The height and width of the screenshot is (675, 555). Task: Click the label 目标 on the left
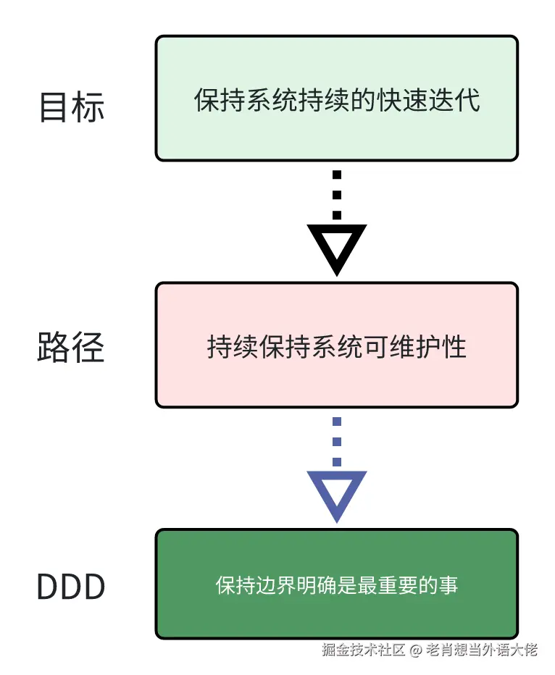pos(71,106)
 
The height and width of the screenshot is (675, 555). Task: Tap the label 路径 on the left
pos(71,347)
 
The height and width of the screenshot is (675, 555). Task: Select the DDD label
pos(71,587)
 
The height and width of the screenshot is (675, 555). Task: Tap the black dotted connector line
pos(337,195)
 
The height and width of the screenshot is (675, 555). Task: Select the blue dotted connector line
pos(337,442)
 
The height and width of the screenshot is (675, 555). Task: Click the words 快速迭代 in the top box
pos(427,100)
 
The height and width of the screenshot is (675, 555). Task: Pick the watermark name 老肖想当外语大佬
pos(482,649)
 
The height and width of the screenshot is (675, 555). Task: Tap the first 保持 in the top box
pos(212,100)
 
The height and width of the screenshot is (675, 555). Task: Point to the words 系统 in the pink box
pos(336,347)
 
